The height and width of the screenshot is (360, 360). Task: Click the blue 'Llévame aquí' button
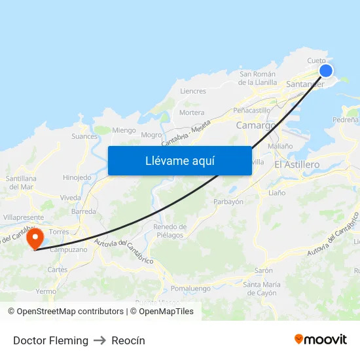[179, 160]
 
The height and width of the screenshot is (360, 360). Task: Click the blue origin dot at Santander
[325, 71]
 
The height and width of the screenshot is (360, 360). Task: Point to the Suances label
[84, 137]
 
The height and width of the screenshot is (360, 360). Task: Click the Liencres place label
[193, 91]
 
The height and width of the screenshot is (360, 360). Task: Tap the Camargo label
[255, 125]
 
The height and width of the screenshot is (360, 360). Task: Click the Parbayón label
[228, 202]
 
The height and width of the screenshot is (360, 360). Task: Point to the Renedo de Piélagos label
[170, 231]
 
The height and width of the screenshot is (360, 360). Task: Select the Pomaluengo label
[190, 288]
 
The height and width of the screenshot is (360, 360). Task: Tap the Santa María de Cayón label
[262, 288]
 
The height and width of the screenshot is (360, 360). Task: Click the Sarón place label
[264, 270]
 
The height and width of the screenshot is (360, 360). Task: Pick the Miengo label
[124, 130]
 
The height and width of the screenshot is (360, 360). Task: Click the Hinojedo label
[77, 177]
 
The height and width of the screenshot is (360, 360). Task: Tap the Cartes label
[58, 270]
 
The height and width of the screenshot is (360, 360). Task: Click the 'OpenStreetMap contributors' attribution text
[70, 312]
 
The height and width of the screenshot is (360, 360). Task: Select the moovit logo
[321, 339]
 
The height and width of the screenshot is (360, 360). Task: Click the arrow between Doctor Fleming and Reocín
[100, 340]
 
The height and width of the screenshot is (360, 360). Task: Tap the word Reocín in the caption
[128, 340]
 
